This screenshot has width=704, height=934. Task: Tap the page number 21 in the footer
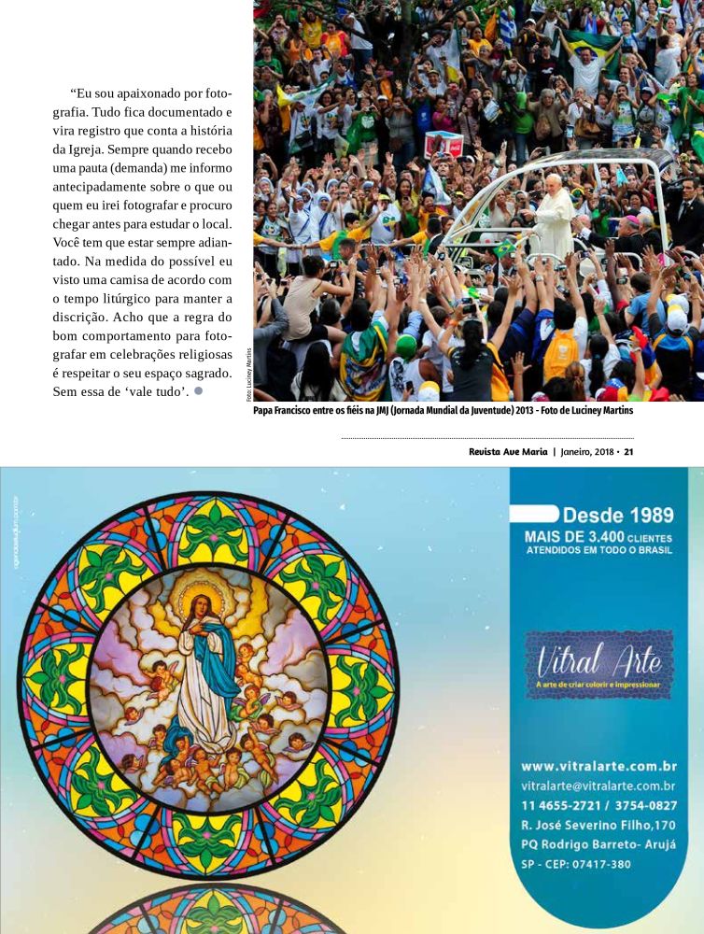point(628,452)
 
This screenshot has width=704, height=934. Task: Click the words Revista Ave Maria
point(508,452)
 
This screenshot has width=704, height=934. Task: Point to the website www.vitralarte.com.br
point(598,767)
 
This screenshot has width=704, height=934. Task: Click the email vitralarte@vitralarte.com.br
point(598,785)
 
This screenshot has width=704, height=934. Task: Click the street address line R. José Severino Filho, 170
point(598,825)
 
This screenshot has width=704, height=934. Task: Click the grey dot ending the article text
point(198,390)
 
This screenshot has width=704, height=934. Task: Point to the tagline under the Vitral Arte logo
point(598,685)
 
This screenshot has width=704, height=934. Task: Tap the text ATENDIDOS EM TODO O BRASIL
point(598,550)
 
